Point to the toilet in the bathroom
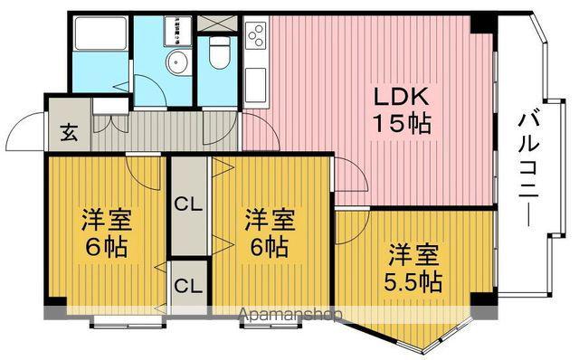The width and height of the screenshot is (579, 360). point(218,57)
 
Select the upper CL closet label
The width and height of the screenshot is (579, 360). point(188,204)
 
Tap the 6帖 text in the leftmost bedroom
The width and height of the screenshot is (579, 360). point(107,246)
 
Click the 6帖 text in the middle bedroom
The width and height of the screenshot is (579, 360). point(271,246)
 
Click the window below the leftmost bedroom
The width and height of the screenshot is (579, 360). point(128,318)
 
